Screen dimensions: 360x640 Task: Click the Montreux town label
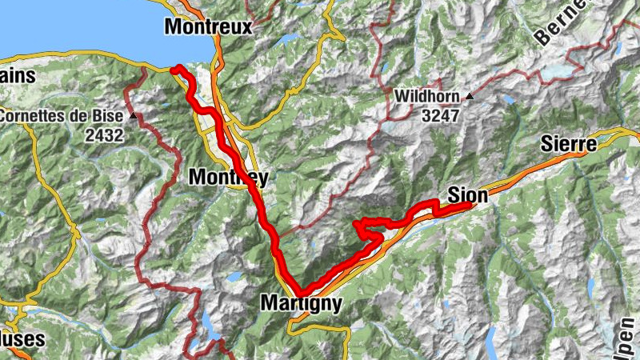click(208, 26)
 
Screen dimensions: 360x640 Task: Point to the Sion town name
click(468, 194)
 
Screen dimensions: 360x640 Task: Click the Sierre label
click(569, 145)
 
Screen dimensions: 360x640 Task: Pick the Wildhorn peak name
click(428, 97)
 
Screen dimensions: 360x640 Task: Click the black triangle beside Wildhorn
click(470, 97)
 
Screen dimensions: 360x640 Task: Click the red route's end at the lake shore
click(174, 70)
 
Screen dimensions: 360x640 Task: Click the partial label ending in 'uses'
click(22, 340)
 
